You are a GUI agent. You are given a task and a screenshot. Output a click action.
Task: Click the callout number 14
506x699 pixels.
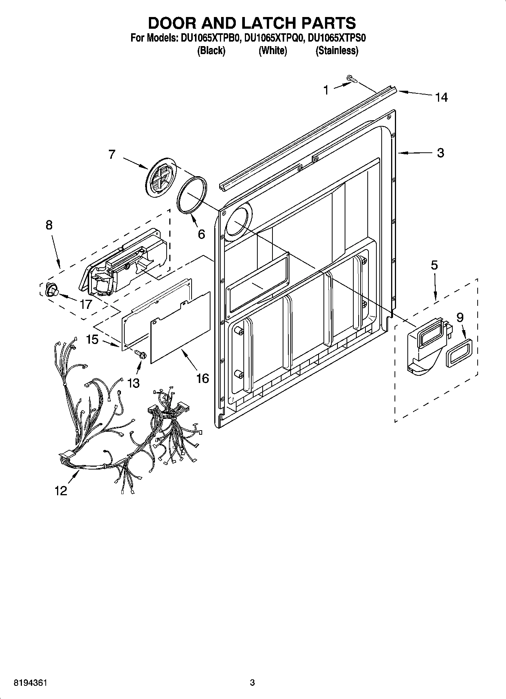pyautogui.click(x=441, y=97)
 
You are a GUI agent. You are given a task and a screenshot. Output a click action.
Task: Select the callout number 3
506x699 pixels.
pyautogui.click(x=440, y=153)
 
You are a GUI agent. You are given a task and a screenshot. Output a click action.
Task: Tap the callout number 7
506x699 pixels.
pyautogui.click(x=111, y=154)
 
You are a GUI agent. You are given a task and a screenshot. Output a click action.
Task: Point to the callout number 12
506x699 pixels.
pyautogui.click(x=61, y=491)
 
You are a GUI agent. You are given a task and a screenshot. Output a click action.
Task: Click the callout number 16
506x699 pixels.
pyautogui.click(x=203, y=378)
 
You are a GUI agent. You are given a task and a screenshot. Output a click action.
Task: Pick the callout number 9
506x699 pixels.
pyautogui.click(x=460, y=317)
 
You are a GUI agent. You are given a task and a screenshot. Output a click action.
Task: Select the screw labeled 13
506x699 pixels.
pyautogui.click(x=141, y=354)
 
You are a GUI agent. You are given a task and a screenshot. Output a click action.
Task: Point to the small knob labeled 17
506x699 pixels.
pyautogui.click(x=52, y=290)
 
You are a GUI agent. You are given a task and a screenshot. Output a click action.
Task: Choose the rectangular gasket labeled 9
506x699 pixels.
pyautogui.click(x=459, y=353)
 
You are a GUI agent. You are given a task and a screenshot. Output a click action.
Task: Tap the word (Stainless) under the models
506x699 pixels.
pyautogui.click(x=337, y=50)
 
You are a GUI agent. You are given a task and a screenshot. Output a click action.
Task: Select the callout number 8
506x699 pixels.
pyautogui.click(x=49, y=225)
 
